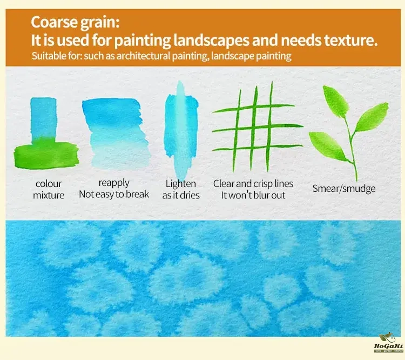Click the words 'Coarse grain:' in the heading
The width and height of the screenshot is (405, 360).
point(75,23)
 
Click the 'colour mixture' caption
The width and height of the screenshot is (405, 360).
point(49,189)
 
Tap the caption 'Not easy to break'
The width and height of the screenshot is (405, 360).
point(114,194)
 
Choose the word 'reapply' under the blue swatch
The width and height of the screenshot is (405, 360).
point(114,183)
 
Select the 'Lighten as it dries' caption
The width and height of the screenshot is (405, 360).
point(181,189)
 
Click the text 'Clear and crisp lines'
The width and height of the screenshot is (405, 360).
point(253,184)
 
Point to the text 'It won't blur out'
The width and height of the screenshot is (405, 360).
point(253,195)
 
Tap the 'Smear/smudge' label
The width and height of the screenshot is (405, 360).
point(344,189)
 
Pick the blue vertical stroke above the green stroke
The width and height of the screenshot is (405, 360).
point(43,118)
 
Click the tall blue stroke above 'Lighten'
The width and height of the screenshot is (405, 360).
point(181,129)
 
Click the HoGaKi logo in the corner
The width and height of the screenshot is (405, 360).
point(389,343)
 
